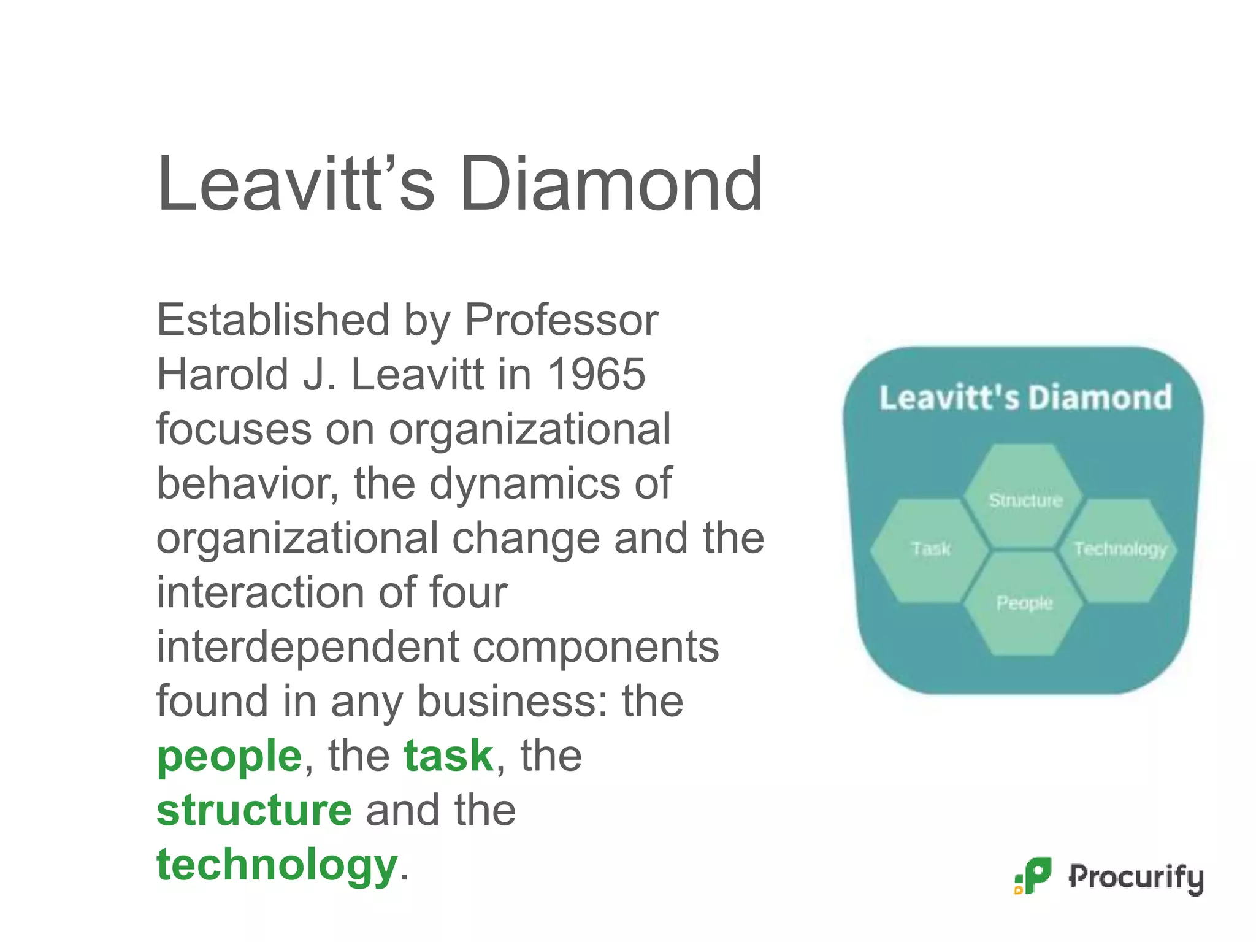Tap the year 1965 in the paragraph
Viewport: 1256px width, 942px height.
(596, 374)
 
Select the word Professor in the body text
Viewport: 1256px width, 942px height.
(561, 320)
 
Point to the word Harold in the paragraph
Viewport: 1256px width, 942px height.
(223, 374)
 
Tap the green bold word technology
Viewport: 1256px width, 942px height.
(277, 865)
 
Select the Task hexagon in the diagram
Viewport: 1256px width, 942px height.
(930, 549)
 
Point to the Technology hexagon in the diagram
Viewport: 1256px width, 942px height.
(1119, 549)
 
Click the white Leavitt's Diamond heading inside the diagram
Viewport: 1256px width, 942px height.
(1025, 397)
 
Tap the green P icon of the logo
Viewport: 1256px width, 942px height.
(1034, 875)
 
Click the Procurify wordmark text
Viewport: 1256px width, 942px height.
(1136, 878)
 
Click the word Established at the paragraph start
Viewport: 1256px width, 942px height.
(273, 320)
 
